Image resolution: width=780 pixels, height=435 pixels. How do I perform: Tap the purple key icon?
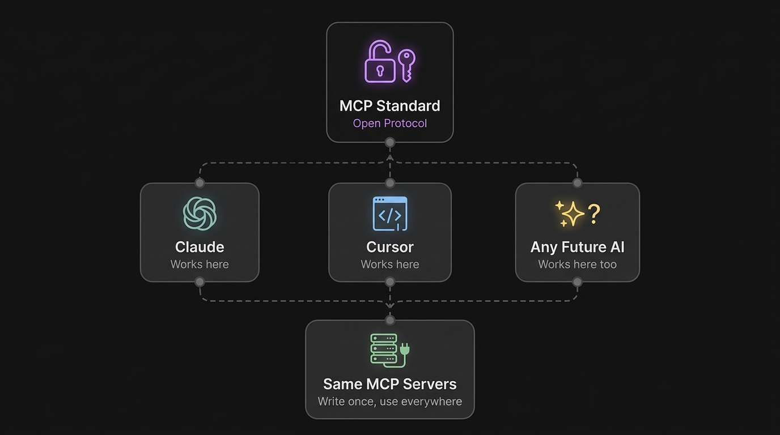coord(406,63)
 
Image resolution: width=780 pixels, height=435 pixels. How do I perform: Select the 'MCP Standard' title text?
coord(389,106)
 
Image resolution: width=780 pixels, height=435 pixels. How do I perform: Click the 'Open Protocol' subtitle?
coord(389,123)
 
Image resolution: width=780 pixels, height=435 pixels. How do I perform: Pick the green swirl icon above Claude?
coord(200,214)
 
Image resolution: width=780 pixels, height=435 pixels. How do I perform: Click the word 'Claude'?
coord(200,247)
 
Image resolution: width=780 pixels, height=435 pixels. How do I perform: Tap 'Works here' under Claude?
coord(200,265)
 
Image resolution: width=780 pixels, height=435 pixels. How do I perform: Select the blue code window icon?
coord(390,214)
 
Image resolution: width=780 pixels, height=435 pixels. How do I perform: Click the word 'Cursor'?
coord(390,247)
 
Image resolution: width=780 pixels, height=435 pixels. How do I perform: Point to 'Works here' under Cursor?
coord(390,265)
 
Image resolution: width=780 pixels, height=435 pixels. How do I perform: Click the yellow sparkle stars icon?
coord(569,214)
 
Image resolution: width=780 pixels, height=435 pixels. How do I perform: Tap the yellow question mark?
coord(594,213)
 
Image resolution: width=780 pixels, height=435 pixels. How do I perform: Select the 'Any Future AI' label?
coord(577,247)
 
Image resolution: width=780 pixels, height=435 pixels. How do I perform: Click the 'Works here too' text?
coord(577,265)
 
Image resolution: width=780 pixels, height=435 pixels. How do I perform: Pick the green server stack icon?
coord(389,349)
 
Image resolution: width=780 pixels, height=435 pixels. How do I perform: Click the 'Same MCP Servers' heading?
coord(389,384)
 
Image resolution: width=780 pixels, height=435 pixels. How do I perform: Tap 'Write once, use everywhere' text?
coord(389,402)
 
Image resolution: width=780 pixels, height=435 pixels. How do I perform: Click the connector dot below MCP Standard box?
coord(389,142)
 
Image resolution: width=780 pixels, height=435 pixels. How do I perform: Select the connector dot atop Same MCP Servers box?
coord(389,321)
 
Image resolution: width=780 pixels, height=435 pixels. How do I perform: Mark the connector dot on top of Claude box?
coord(200,183)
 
